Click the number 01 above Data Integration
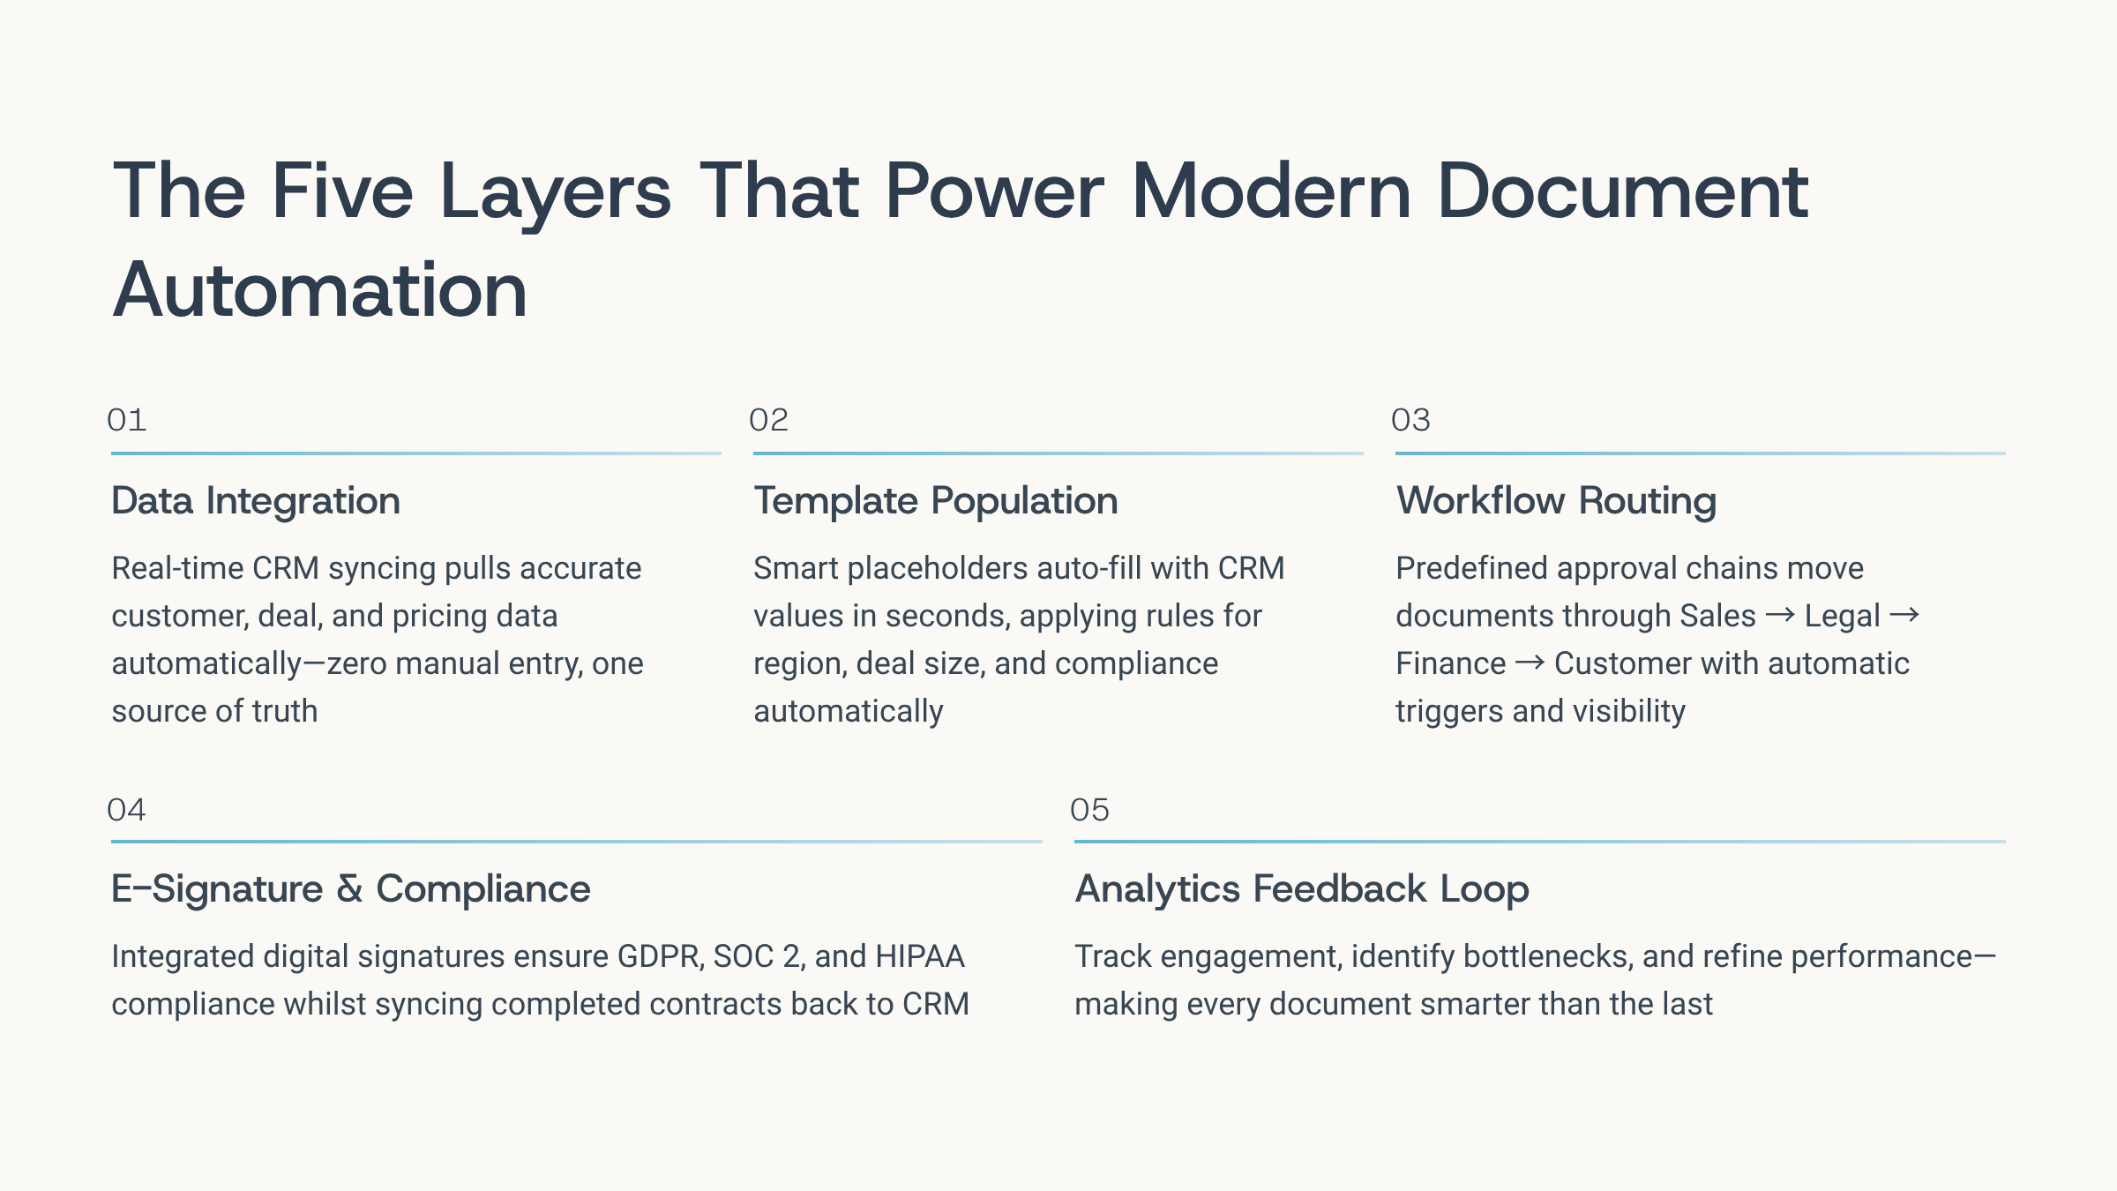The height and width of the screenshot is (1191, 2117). click(126, 420)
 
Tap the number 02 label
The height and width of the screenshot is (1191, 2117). click(768, 420)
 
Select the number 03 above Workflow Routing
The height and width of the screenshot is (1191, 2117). click(1410, 420)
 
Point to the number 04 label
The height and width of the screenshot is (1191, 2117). click(126, 810)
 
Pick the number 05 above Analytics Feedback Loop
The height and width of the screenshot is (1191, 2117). click(1089, 810)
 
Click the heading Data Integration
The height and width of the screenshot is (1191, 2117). click(256, 502)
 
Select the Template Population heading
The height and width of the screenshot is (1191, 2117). click(936, 502)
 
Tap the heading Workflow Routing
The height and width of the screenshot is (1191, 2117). click(1556, 502)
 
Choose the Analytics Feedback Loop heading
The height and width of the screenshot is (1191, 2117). click(1302, 889)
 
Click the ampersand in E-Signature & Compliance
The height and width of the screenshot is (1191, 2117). click(349, 889)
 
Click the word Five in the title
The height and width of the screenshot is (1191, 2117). click(342, 191)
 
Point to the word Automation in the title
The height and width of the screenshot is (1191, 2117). click(319, 290)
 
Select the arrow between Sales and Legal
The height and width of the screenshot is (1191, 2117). click(1780, 615)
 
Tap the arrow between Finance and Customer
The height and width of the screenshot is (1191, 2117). click(1530, 663)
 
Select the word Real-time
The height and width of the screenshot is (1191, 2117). click(177, 568)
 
